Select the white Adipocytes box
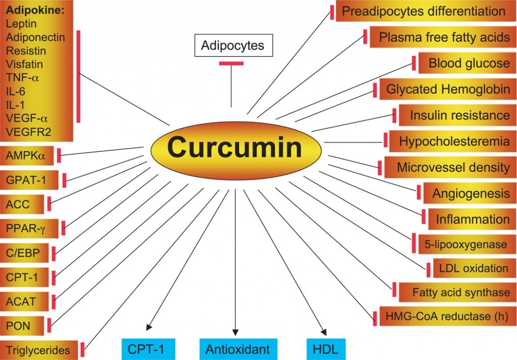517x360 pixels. point(233,45)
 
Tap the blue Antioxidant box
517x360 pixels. point(235,349)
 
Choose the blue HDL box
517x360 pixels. point(326,349)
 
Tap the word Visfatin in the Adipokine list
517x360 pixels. point(24,64)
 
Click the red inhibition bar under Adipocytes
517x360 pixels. point(231,63)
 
